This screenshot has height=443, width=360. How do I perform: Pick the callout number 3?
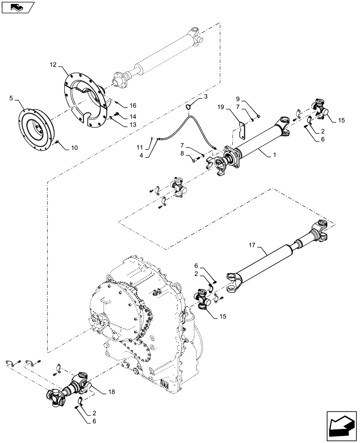pos(206,96)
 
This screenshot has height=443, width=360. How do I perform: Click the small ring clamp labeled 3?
pos(189,106)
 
